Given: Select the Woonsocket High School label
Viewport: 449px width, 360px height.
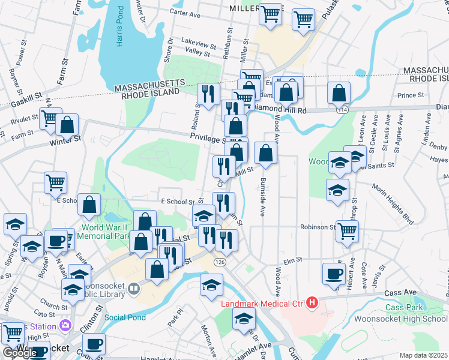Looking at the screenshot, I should [401, 319].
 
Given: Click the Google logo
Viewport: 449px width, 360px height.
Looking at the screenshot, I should [19, 352].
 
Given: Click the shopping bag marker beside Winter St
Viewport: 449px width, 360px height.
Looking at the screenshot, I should [67, 125].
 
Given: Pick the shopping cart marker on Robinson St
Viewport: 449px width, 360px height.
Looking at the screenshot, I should [347, 230].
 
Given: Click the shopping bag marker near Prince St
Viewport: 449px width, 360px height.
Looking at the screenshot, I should [339, 92].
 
